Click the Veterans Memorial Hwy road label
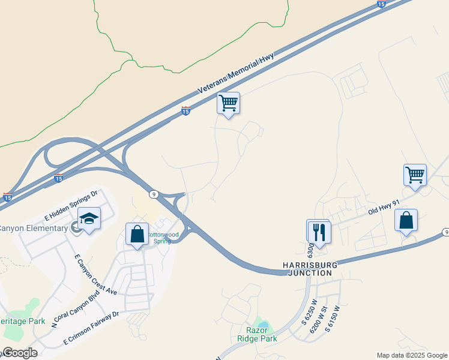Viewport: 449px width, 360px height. point(236,74)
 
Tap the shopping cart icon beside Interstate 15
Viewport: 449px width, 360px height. point(228,103)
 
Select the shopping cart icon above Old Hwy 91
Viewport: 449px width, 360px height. point(415,175)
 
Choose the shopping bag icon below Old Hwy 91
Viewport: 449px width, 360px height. point(406,220)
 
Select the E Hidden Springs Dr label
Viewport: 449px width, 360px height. point(71,203)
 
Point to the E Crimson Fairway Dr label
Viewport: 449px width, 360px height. point(92,328)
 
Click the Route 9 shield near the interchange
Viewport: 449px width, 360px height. point(154,194)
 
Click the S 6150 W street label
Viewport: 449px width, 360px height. point(333,320)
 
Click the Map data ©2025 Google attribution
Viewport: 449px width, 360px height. point(411,355)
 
